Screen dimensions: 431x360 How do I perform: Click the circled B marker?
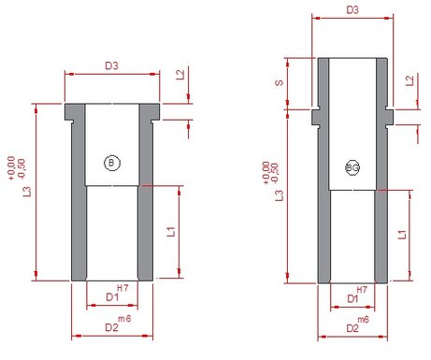[x=112, y=163]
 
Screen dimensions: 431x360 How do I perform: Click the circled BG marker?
[x=352, y=168]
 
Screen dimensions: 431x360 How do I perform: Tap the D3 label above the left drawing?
[x=111, y=65]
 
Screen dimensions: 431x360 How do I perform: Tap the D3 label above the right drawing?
[x=352, y=10]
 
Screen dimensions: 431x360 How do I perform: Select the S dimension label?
[x=280, y=83]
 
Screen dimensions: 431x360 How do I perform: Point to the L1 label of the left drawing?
[x=171, y=232]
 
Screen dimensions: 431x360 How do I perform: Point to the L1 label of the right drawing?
[x=402, y=235]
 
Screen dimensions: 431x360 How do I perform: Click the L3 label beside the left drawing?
[x=27, y=192]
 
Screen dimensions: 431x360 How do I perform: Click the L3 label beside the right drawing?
[x=280, y=195]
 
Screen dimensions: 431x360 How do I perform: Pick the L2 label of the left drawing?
[x=180, y=75]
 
